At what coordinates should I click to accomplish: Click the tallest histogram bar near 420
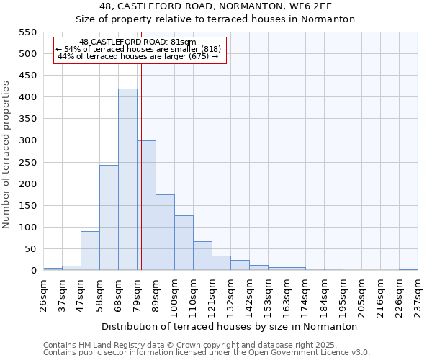[127, 180]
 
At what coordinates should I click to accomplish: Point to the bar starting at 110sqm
[202, 256]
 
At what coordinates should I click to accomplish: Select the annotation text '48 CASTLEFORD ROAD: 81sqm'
[138, 42]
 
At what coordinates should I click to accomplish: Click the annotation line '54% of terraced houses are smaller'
[138, 49]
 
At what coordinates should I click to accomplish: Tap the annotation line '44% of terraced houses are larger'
[138, 56]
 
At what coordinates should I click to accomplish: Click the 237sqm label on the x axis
[418, 294]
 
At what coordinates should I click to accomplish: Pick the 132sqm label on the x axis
[231, 294]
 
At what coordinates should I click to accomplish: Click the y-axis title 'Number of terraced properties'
[7, 155]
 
